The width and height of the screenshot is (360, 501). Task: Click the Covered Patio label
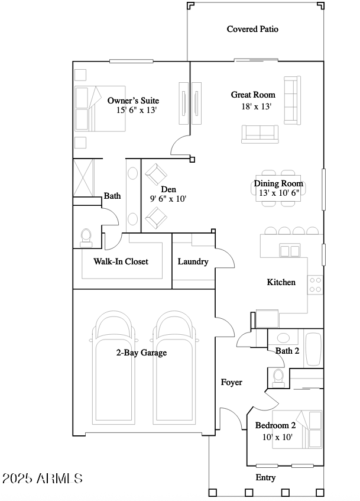coord(252,29)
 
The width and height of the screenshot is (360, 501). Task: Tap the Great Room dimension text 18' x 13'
coord(256,106)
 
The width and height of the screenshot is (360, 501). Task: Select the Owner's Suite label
coord(133,101)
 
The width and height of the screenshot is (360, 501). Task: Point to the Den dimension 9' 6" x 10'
coord(168,199)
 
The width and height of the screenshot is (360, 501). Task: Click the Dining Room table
coord(278,188)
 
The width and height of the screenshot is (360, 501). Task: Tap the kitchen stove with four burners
coord(315,285)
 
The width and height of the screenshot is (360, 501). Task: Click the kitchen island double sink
coord(290,250)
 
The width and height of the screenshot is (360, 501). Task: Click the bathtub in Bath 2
coord(313,349)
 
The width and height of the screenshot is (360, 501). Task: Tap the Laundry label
coord(193,261)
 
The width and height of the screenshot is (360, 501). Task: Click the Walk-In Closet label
coord(121,261)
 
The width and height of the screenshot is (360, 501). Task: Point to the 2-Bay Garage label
coord(141,353)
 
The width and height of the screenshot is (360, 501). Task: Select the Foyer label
coord(232,383)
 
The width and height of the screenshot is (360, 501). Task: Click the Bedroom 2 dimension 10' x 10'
coord(277,437)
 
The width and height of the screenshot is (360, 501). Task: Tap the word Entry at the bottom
coord(265,478)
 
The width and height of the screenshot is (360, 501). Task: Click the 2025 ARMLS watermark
coord(43,479)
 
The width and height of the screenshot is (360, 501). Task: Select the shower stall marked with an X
coord(84,177)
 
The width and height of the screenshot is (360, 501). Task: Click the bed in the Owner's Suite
coord(100,108)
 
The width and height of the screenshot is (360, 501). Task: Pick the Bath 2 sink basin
coord(283,338)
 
